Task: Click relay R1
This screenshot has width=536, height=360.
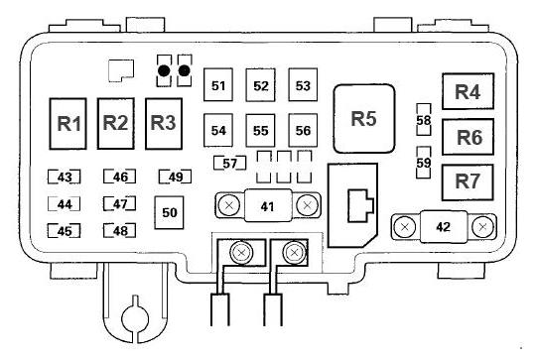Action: click(x=67, y=124)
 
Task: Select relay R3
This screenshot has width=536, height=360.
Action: click(x=164, y=124)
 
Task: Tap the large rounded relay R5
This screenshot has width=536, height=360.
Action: click(x=364, y=119)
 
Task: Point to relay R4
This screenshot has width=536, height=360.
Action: click(x=468, y=91)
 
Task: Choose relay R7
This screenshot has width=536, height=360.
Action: click(x=468, y=182)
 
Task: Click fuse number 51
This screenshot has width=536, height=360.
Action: click(x=218, y=84)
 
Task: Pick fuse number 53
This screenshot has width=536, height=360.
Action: click(x=303, y=84)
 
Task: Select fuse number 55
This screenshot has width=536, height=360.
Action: click(x=260, y=131)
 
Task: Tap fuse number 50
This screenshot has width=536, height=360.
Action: click(x=169, y=212)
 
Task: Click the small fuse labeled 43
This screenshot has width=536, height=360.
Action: click(x=65, y=177)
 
